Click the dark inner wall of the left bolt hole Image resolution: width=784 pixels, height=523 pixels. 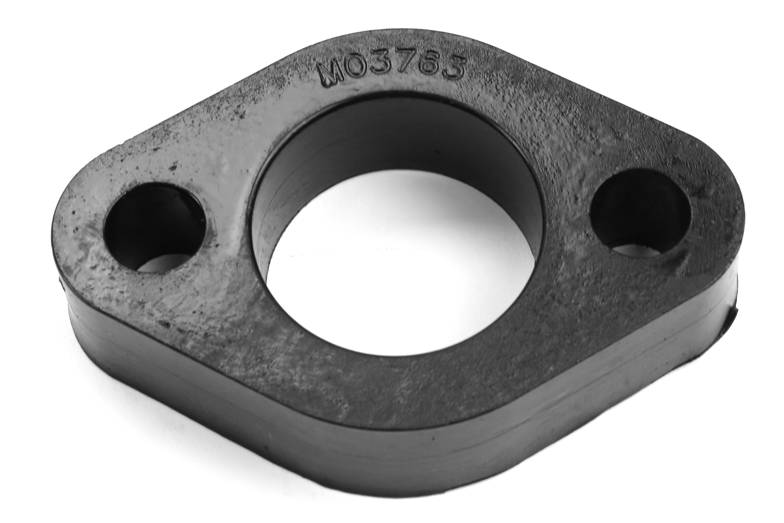coord(150,214)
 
